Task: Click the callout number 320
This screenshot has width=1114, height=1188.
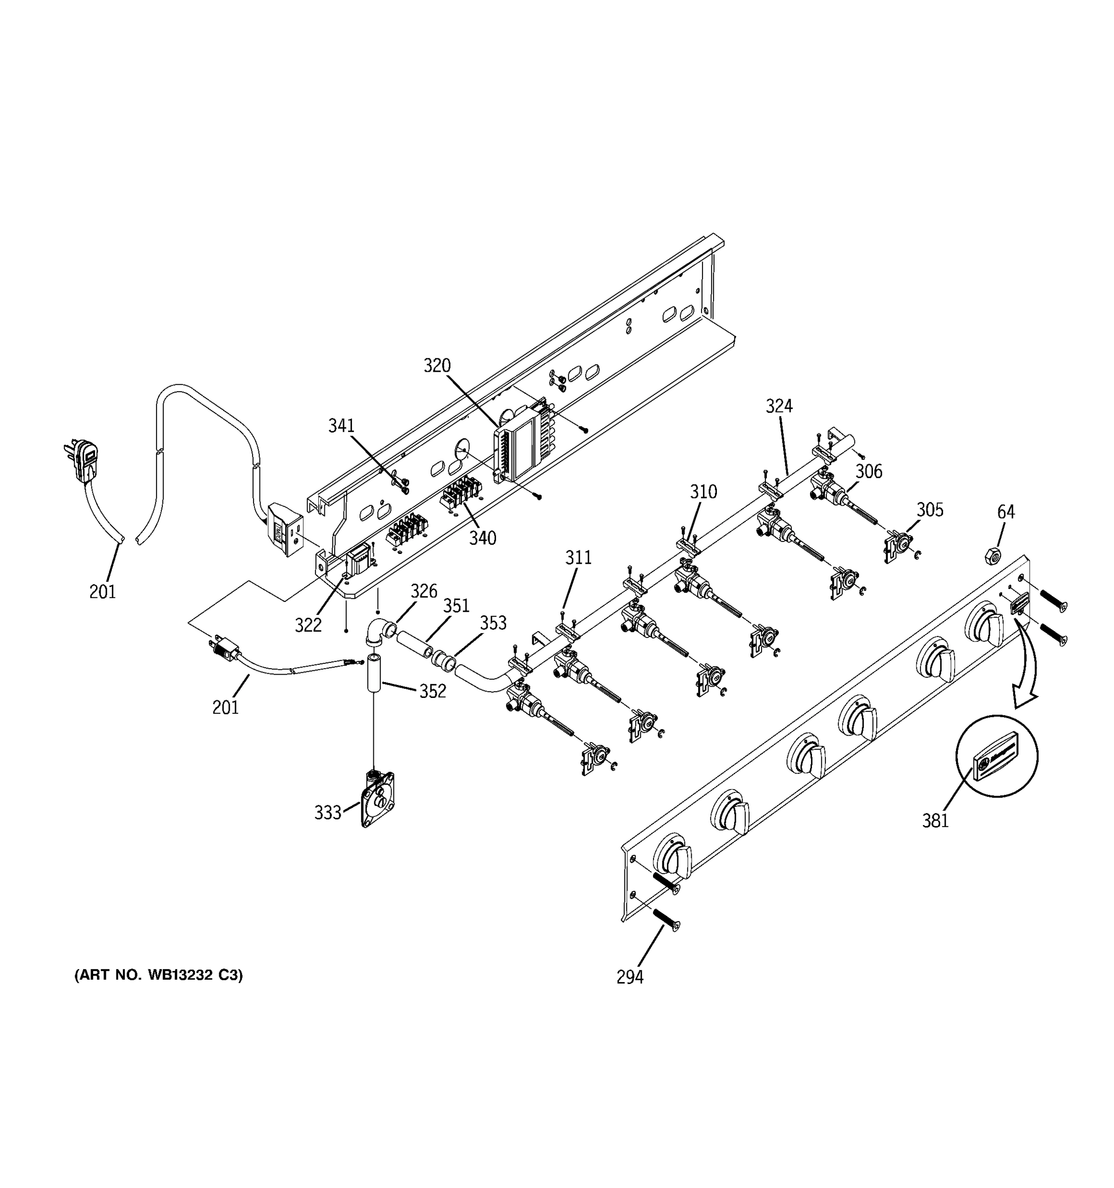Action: click(x=437, y=365)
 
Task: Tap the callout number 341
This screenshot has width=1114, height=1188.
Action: click(x=341, y=426)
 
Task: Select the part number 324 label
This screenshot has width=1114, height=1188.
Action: click(x=779, y=406)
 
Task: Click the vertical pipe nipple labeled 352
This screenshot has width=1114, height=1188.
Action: click(x=373, y=673)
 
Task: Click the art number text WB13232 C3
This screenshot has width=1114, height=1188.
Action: click(x=158, y=975)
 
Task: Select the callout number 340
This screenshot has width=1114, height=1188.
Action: click(x=482, y=538)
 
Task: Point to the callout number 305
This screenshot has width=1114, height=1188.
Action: click(x=930, y=510)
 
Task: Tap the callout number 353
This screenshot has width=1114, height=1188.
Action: click(x=493, y=623)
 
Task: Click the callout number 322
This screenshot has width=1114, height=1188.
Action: click(x=308, y=625)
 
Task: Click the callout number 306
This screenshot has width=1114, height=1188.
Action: click(x=868, y=472)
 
